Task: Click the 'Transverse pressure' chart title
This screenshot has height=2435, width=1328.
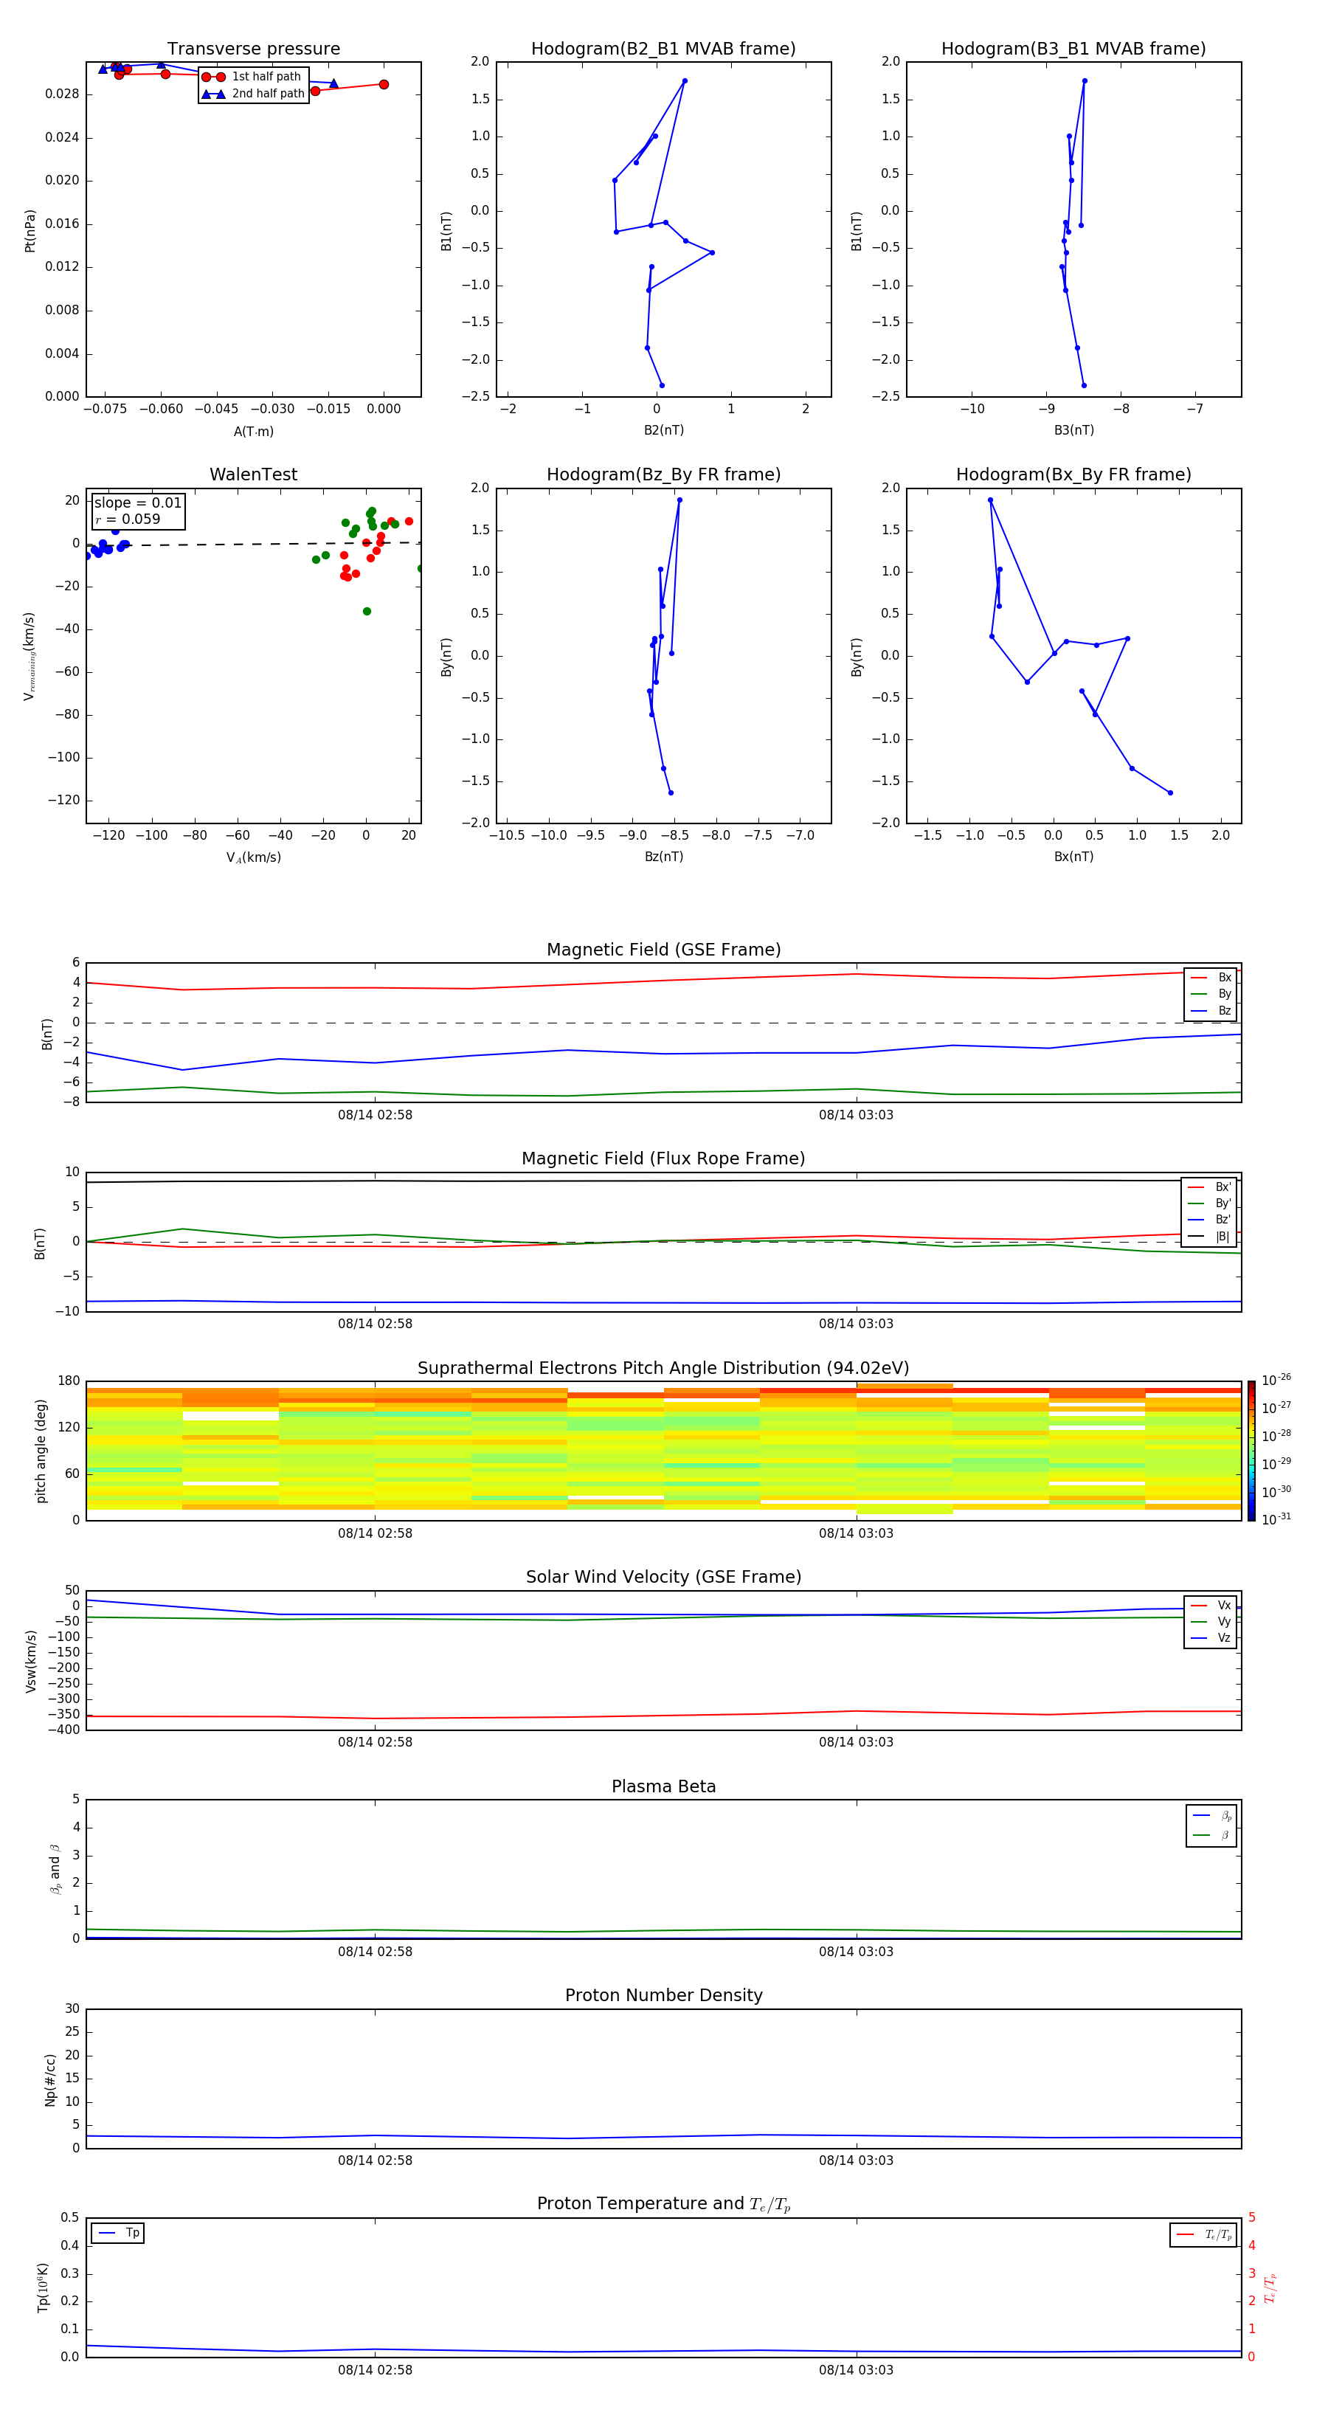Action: (253, 49)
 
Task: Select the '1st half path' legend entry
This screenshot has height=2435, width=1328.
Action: (266, 77)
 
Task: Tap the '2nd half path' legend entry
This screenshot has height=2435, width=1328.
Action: (268, 94)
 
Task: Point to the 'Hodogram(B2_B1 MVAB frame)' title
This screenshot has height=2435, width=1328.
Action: (663, 49)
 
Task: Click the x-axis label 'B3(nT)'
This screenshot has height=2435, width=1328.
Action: (1073, 430)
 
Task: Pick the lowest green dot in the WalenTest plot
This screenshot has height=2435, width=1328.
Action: (367, 612)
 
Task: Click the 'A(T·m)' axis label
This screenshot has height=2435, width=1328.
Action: (253, 431)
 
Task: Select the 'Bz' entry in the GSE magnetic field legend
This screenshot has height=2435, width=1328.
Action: (1224, 1010)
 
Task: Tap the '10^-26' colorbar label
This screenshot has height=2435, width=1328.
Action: (1276, 1379)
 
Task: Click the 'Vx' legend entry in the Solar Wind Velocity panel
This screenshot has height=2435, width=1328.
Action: (1224, 1605)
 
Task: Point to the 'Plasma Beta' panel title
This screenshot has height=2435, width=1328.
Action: (663, 1786)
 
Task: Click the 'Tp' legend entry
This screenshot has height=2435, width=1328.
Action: (132, 2233)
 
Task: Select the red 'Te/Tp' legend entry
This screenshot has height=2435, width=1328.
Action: (1217, 2234)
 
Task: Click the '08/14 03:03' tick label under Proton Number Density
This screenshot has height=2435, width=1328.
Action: (855, 2160)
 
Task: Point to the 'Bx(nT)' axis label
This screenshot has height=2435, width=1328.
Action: (1073, 857)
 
